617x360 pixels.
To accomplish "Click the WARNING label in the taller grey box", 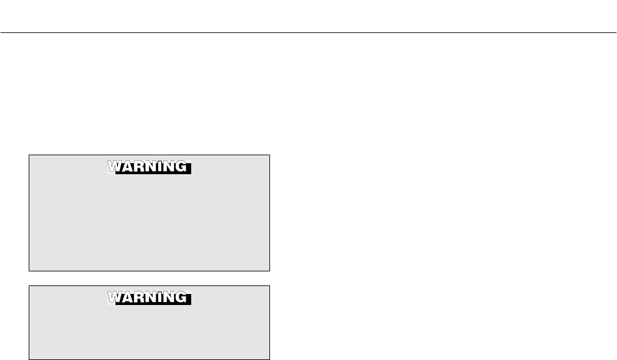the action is [x=150, y=167].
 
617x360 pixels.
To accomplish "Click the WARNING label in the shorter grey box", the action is [x=150, y=298].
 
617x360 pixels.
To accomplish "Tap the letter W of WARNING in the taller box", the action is [x=115, y=167].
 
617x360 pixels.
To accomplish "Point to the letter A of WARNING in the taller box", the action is [x=126, y=167].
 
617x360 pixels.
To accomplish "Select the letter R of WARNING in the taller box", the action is [x=138, y=167].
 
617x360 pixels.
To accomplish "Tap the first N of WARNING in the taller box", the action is [x=149, y=167].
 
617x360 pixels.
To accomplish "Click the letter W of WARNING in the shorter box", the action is [x=115, y=298].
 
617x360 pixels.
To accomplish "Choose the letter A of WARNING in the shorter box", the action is [x=126, y=298].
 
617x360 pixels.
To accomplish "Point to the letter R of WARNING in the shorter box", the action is [x=138, y=298].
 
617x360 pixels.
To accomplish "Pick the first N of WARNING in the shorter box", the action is [x=149, y=298].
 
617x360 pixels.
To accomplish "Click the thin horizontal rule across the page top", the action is [x=308, y=32].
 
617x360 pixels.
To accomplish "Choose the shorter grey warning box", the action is [x=150, y=333].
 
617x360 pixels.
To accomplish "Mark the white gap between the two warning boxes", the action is [x=150, y=278].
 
